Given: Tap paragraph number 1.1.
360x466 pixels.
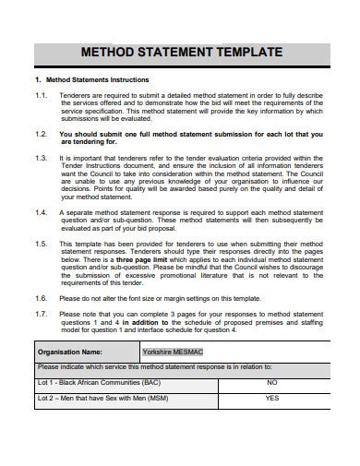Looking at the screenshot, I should [42, 95].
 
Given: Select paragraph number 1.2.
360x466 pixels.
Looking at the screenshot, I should [42, 134].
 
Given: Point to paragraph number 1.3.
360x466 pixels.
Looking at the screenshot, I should [42, 158].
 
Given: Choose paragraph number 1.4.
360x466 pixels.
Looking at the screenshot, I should [42, 211].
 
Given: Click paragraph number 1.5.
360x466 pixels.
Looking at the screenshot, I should [42, 243].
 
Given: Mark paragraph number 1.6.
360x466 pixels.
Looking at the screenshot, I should [42, 298].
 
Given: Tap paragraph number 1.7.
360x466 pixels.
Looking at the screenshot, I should [42, 314].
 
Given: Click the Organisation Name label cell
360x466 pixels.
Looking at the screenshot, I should [87, 352].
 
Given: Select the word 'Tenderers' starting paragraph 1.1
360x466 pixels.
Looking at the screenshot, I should [76, 95].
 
